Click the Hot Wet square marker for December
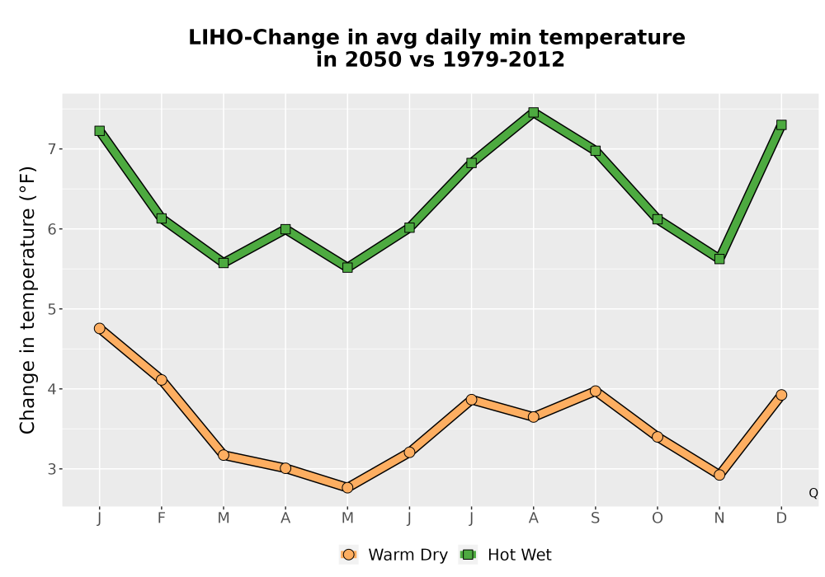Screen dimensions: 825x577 [781, 125]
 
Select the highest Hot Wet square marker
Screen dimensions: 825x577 [534, 112]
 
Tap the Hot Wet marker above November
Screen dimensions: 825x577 [719, 259]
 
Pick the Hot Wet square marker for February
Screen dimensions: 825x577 [162, 218]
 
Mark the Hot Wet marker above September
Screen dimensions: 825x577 [596, 151]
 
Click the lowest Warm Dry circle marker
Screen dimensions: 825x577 [347, 488]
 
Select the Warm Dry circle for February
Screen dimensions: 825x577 [162, 380]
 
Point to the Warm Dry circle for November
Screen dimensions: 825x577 [719, 475]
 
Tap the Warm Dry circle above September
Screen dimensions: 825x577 [596, 391]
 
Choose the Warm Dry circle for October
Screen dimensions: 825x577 [658, 437]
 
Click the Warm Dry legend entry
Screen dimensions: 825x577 [394, 555]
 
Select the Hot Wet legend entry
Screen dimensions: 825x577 [506, 555]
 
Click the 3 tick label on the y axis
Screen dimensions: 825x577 [51, 469]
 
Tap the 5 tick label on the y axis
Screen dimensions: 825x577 [51, 309]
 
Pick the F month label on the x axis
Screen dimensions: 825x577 [162, 518]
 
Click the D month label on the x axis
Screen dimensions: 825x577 [781, 518]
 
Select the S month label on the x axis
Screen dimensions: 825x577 [596, 518]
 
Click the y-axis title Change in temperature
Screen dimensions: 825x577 [27, 300]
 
